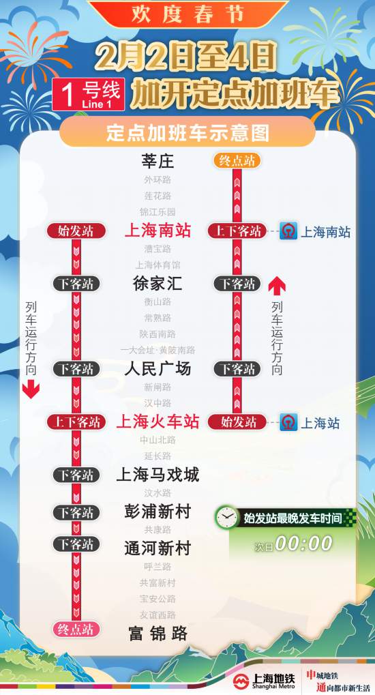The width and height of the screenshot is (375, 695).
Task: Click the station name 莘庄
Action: click(157, 161)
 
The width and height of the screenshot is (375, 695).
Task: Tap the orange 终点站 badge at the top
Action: click(237, 160)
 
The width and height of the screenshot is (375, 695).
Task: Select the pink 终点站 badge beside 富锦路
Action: click(76, 630)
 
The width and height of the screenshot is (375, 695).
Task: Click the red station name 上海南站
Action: click(157, 231)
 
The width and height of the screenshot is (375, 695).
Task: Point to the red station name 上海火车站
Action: click(157, 422)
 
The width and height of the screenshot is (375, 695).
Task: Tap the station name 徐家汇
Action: click(157, 284)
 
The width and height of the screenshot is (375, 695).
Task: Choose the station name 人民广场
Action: click(157, 369)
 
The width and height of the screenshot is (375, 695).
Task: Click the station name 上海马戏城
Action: click(157, 475)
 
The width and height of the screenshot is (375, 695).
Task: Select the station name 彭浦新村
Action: click(157, 512)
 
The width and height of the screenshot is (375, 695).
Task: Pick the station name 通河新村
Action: click(157, 548)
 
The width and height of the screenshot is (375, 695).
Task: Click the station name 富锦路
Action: click(157, 634)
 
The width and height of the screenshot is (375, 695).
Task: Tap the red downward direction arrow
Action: click(31, 391)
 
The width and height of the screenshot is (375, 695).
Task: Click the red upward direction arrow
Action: click(277, 286)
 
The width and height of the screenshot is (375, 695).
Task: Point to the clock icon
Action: click(227, 518)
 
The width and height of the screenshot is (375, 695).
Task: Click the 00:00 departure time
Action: click(303, 544)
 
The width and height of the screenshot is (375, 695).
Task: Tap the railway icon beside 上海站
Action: click(288, 423)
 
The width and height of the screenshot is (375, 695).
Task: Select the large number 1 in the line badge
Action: click(67, 95)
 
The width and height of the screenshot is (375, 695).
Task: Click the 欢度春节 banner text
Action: click(188, 14)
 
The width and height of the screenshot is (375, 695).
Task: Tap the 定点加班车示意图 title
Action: click(187, 133)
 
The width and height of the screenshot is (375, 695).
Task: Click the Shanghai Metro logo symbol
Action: click(241, 681)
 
